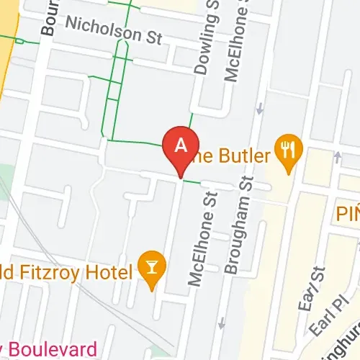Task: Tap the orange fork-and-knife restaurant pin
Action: tap(289, 150)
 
